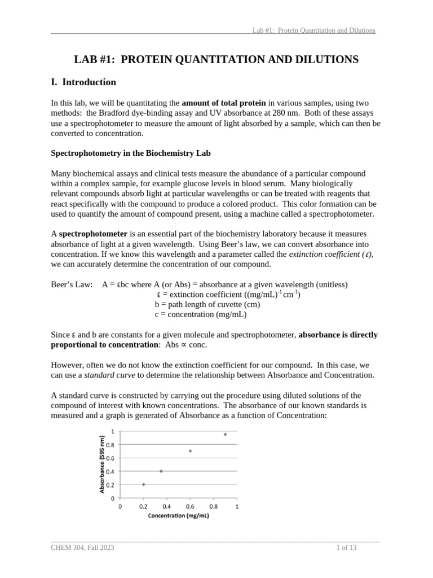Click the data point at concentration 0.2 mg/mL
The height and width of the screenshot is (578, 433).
144,484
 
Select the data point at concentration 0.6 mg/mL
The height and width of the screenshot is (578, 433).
190,451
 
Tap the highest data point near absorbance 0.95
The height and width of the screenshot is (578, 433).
225,434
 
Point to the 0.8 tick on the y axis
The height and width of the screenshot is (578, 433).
111,445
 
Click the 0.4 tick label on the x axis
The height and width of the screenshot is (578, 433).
167,506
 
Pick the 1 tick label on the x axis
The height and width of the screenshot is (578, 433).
237,506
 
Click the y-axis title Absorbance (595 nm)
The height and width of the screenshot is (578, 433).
102,465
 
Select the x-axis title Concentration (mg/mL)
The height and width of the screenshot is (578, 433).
178,515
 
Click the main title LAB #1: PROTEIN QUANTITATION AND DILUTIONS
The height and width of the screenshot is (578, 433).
216,59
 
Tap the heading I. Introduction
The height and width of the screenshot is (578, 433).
83,82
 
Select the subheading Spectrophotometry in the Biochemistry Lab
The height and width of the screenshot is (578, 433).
131,153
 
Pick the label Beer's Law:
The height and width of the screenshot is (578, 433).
72,284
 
